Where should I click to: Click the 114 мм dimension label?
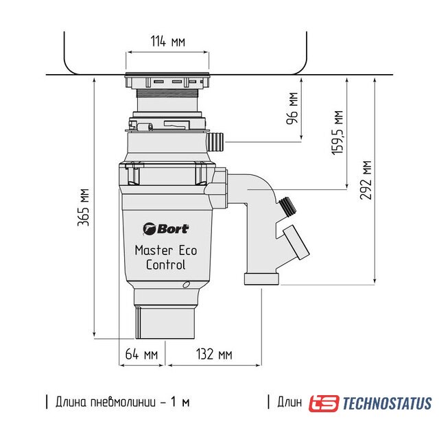[168, 41]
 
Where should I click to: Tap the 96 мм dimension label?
[292, 108]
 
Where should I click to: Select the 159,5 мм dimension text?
[337, 132]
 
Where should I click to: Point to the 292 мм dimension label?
[366, 180]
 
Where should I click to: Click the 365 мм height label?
[84, 207]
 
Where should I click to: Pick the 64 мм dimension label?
[141, 354]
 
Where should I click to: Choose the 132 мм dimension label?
[214, 354]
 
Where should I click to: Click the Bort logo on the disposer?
[166, 229]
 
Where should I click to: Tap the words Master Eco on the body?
[166, 250]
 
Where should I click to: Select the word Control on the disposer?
[166, 265]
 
